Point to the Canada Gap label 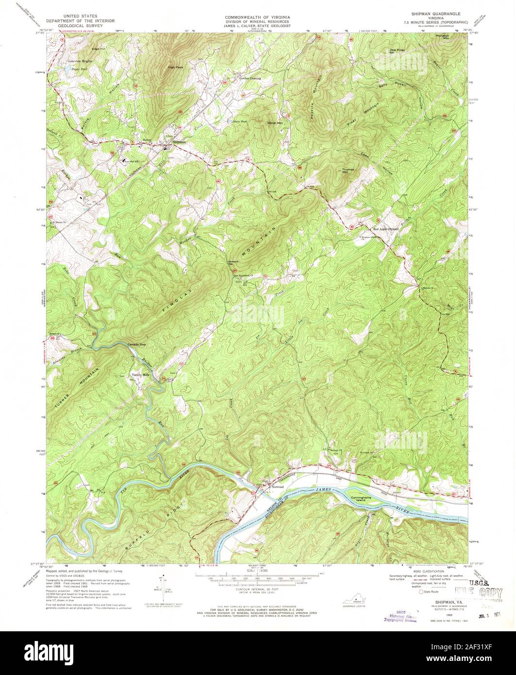(x=136, y=344)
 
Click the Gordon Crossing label (x=250, y=78)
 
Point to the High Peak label (x=175, y=67)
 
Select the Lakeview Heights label (x=80, y=61)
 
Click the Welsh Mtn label (x=275, y=123)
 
